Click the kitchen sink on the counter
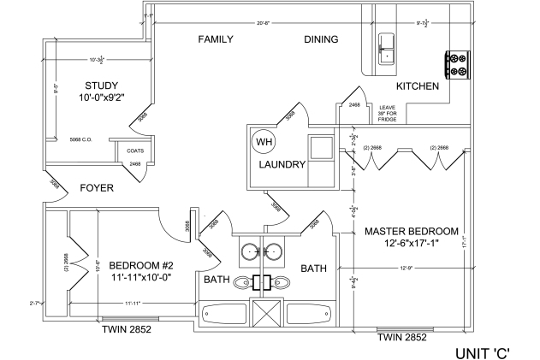386,48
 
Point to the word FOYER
97,188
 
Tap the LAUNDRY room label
282,165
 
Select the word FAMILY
217,39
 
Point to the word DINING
321,39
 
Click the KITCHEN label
418,87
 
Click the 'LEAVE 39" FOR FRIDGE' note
389,113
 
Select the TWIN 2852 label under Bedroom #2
126,328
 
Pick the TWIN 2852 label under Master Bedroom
401,338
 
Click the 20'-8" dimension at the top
264,22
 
